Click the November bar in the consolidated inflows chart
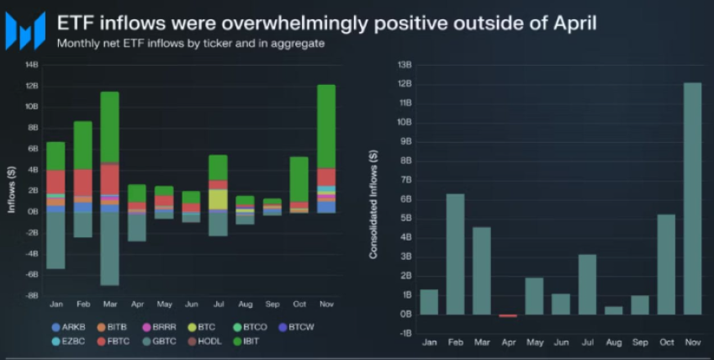pyautogui.click(x=691, y=199)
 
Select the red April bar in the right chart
pyautogui.click(x=507, y=315)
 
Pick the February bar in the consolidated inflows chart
pyautogui.click(x=454, y=254)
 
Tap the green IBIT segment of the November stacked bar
pyautogui.click(x=326, y=126)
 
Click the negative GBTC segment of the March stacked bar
pyautogui.click(x=109, y=248)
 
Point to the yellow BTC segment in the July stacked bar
pyautogui.click(x=218, y=199)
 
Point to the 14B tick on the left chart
pyautogui.click(x=32, y=65)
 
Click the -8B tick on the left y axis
pyautogui.click(x=32, y=295)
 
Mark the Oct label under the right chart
pyautogui.click(x=665, y=344)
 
